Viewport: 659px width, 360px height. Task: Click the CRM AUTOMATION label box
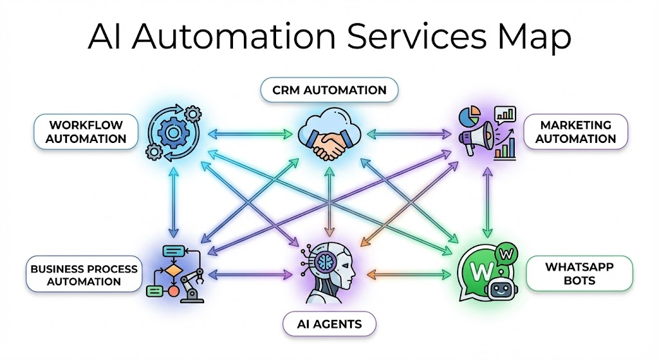[329, 90]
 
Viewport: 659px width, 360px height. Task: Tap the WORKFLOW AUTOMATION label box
[86, 131]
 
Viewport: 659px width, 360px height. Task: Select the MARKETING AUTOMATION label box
[575, 131]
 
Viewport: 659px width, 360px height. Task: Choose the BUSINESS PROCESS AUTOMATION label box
[84, 275]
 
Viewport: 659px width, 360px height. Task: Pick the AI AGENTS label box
[329, 324]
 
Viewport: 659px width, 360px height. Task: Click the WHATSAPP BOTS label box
[579, 274]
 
